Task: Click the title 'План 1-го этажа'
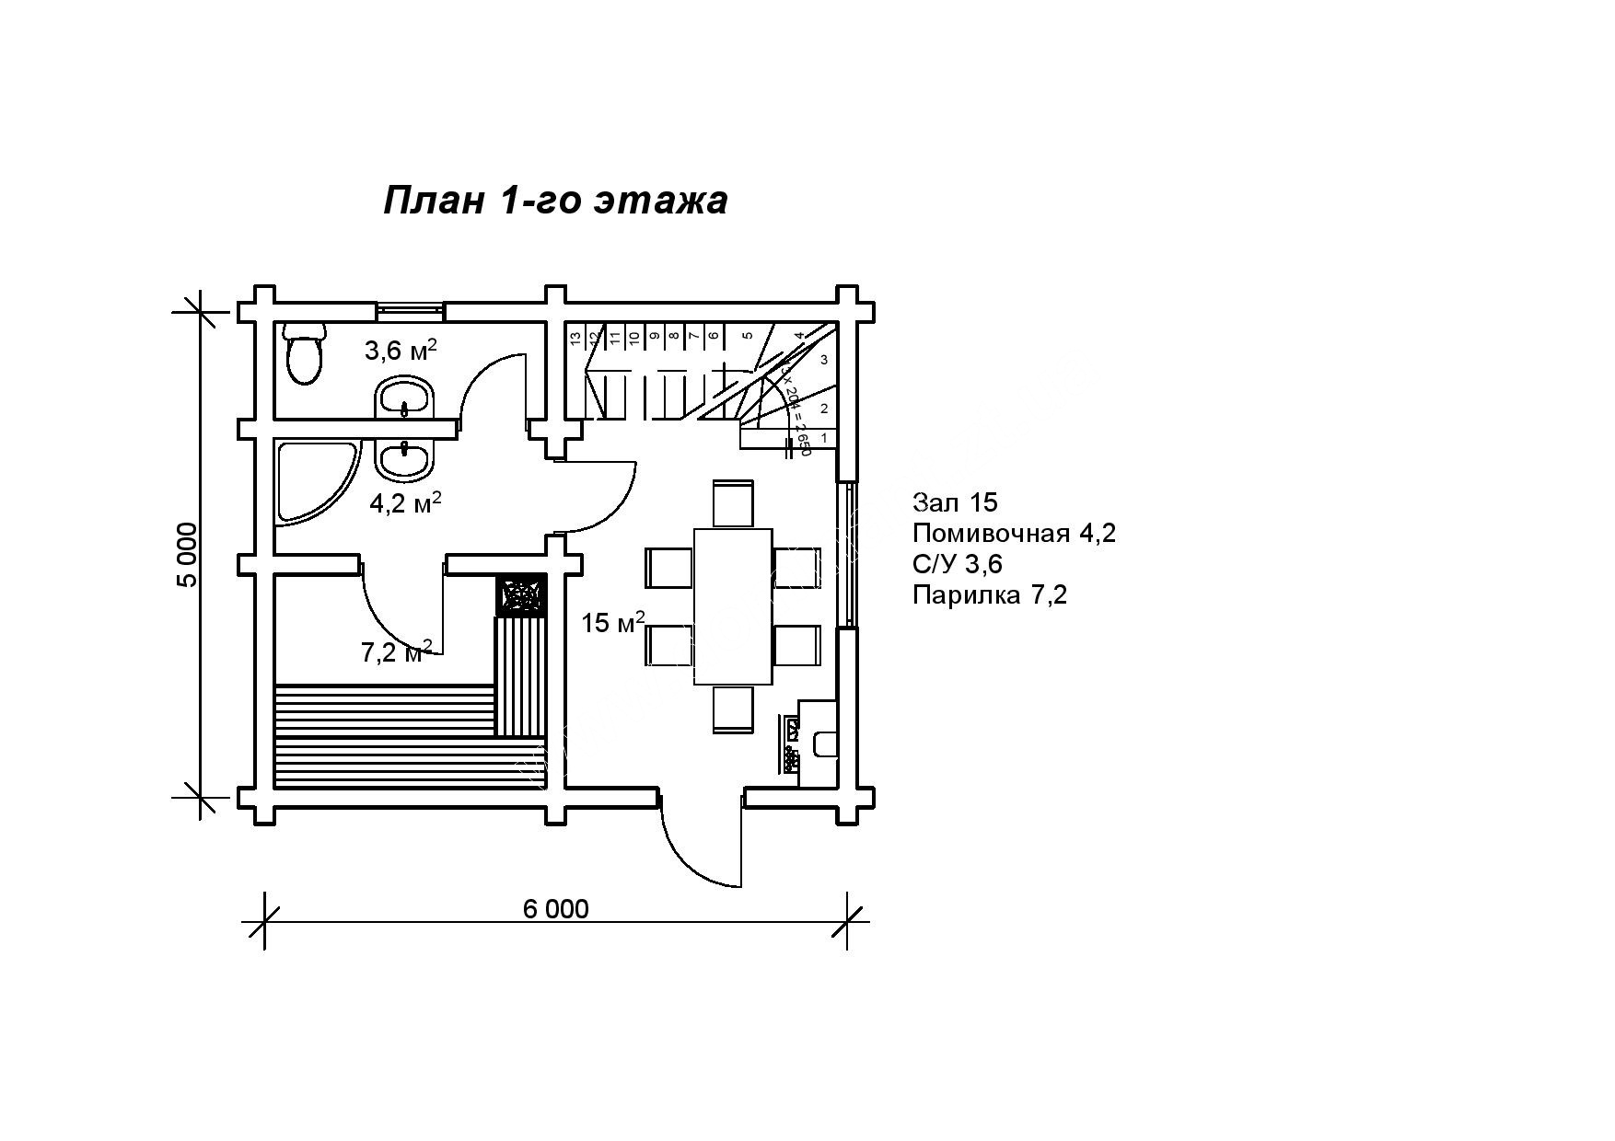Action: click(x=555, y=200)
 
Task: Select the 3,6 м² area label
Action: click(x=400, y=351)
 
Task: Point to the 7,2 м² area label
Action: click(x=396, y=651)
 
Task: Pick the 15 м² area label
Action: click(x=613, y=623)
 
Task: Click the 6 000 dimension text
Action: click(x=555, y=908)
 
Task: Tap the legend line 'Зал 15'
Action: click(x=955, y=502)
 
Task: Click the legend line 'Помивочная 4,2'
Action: click(x=1014, y=534)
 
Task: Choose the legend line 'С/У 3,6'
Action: click(x=957, y=564)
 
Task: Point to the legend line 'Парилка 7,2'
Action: click(x=990, y=595)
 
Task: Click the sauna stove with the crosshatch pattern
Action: click(x=520, y=595)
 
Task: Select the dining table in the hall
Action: click(x=732, y=605)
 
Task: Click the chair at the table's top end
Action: click(x=733, y=503)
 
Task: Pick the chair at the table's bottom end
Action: click(x=733, y=709)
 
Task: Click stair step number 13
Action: click(x=575, y=339)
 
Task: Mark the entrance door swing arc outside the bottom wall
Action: click(x=691, y=856)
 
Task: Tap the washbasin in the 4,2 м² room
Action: click(x=403, y=459)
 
